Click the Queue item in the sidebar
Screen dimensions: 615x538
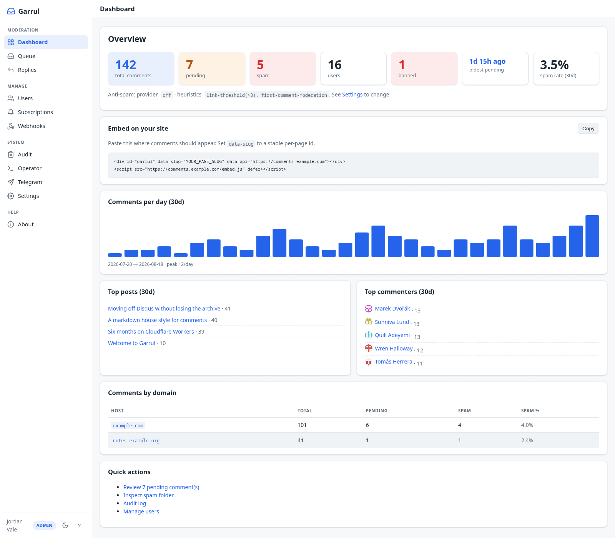pos(27,56)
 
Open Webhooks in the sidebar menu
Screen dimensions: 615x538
pos(32,126)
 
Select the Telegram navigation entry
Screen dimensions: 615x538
pos(30,182)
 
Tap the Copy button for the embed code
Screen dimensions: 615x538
pos(588,128)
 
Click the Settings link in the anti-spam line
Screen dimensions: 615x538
pos(352,95)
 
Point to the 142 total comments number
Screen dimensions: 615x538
pos(126,65)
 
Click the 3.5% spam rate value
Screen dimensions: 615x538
pos(554,65)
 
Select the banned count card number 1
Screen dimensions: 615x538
pos(402,65)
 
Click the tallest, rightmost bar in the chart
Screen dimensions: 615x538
pos(592,236)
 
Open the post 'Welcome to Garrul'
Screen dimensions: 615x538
pos(131,343)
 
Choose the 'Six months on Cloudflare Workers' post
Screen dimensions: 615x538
pos(151,332)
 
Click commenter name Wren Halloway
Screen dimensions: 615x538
pos(394,349)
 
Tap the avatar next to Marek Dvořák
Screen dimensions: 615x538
pos(369,309)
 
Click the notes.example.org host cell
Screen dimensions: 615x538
pos(136,441)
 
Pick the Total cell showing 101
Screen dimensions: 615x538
pos(302,425)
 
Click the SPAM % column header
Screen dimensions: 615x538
pos(530,411)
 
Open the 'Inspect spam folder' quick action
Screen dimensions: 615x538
pos(148,495)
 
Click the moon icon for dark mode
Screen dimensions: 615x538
pos(65,525)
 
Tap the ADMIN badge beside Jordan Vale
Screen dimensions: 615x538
pos(45,525)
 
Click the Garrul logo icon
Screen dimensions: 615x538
pos(11,12)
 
